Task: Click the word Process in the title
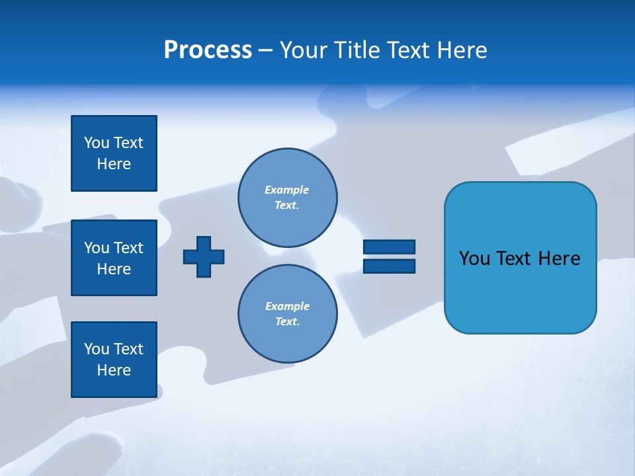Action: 208,50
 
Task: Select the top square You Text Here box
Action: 114,153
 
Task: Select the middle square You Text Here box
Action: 114,258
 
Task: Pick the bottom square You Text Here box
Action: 114,360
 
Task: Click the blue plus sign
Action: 204,257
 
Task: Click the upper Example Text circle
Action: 287,198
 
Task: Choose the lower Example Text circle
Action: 287,314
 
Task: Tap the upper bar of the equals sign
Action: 389,247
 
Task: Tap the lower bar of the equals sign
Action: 389,266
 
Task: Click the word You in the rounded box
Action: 474,258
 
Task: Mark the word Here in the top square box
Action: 114,164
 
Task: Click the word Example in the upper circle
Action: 287,190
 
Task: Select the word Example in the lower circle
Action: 287,306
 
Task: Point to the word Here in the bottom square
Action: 114,370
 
